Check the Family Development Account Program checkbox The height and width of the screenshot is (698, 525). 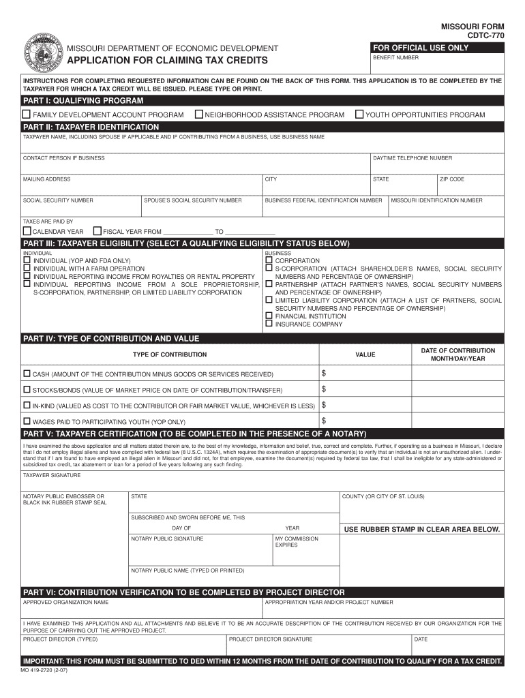click(x=27, y=115)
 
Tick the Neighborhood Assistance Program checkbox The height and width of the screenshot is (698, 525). click(x=199, y=115)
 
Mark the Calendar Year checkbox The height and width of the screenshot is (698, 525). click(x=27, y=231)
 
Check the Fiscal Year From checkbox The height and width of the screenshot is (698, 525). click(x=97, y=231)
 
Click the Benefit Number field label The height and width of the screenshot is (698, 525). click(x=395, y=58)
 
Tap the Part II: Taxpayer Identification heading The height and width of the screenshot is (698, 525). click(x=91, y=127)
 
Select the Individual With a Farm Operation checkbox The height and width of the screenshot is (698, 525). click(x=27, y=269)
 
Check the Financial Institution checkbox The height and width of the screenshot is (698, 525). click(x=269, y=316)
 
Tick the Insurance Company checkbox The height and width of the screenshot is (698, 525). click(x=269, y=324)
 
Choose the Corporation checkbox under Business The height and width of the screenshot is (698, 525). click(x=269, y=260)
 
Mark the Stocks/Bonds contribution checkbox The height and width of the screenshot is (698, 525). click(x=27, y=389)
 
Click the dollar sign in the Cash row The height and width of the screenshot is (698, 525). click(x=324, y=374)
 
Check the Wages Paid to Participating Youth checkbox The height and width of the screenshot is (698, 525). click(x=27, y=421)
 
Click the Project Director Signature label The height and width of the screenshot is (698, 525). click(x=271, y=639)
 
